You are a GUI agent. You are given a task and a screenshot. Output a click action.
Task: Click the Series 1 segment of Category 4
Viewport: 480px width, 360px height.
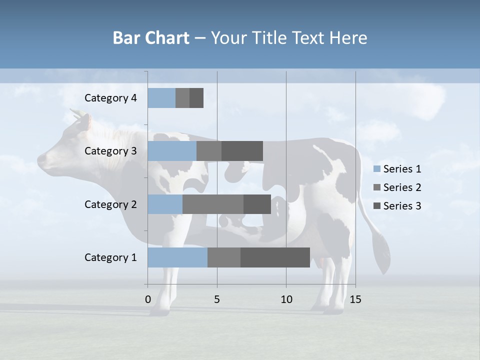click(161, 98)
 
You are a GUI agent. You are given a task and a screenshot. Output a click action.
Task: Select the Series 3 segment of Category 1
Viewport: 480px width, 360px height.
click(275, 257)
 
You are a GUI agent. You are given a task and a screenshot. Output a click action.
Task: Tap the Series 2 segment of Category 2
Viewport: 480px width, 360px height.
click(213, 204)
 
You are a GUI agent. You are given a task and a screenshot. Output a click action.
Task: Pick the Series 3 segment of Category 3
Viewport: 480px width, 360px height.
click(242, 151)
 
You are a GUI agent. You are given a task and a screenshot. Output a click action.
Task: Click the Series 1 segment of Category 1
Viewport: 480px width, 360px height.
click(177, 257)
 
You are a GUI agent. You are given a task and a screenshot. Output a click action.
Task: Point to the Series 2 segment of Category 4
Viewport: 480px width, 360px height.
click(182, 98)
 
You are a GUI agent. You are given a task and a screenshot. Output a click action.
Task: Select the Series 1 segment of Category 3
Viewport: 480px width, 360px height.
click(172, 151)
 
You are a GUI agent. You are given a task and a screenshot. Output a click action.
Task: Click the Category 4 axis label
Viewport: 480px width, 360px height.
click(110, 98)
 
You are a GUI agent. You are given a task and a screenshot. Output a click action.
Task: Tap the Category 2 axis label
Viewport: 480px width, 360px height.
click(110, 204)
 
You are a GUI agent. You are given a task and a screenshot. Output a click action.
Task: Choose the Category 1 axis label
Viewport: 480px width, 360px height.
click(110, 257)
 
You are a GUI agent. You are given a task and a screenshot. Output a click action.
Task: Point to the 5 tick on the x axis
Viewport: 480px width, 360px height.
click(217, 299)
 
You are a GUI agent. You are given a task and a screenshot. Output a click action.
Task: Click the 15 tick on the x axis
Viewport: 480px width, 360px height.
click(355, 299)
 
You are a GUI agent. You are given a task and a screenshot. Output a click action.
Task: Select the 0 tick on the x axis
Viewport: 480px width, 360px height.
click(148, 299)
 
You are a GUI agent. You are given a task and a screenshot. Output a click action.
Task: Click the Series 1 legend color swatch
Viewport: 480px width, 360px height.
click(376, 169)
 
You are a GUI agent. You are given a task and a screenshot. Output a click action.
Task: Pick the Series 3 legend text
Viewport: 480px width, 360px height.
click(402, 206)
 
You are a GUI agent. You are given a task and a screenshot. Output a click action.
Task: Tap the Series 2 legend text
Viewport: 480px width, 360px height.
click(402, 187)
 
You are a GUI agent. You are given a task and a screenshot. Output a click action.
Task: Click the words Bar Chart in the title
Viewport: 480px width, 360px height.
click(151, 38)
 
